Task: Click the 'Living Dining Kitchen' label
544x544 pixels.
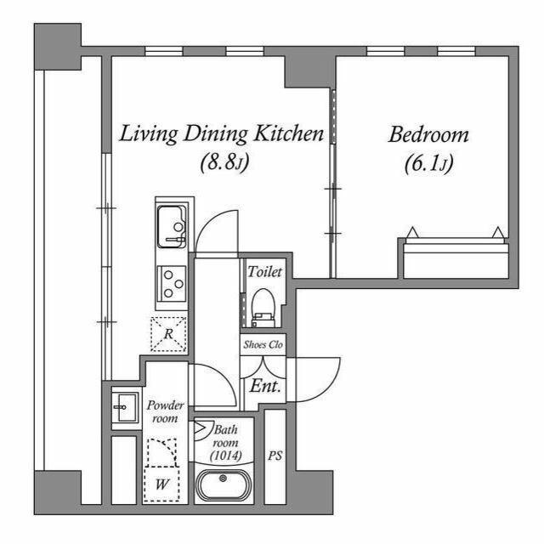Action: (x=222, y=133)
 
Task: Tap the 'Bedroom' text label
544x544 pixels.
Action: (x=429, y=135)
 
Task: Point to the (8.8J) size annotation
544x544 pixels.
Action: (x=224, y=161)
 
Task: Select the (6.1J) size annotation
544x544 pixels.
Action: (x=427, y=161)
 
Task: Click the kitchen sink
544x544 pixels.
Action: (x=173, y=227)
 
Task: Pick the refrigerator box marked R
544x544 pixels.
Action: (x=168, y=333)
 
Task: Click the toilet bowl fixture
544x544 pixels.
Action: (x=262, y=306)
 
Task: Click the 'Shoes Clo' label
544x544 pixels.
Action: (x=263, y=344)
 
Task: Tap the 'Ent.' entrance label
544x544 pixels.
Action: (x=265, y=384)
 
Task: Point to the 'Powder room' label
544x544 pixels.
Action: (x=165, y=411)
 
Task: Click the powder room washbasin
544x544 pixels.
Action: (x=124, y=408)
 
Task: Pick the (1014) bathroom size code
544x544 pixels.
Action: (x=227, y=456)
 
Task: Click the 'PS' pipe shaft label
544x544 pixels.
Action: (x=275, y=456)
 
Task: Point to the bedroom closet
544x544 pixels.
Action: (x=455, y=258)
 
